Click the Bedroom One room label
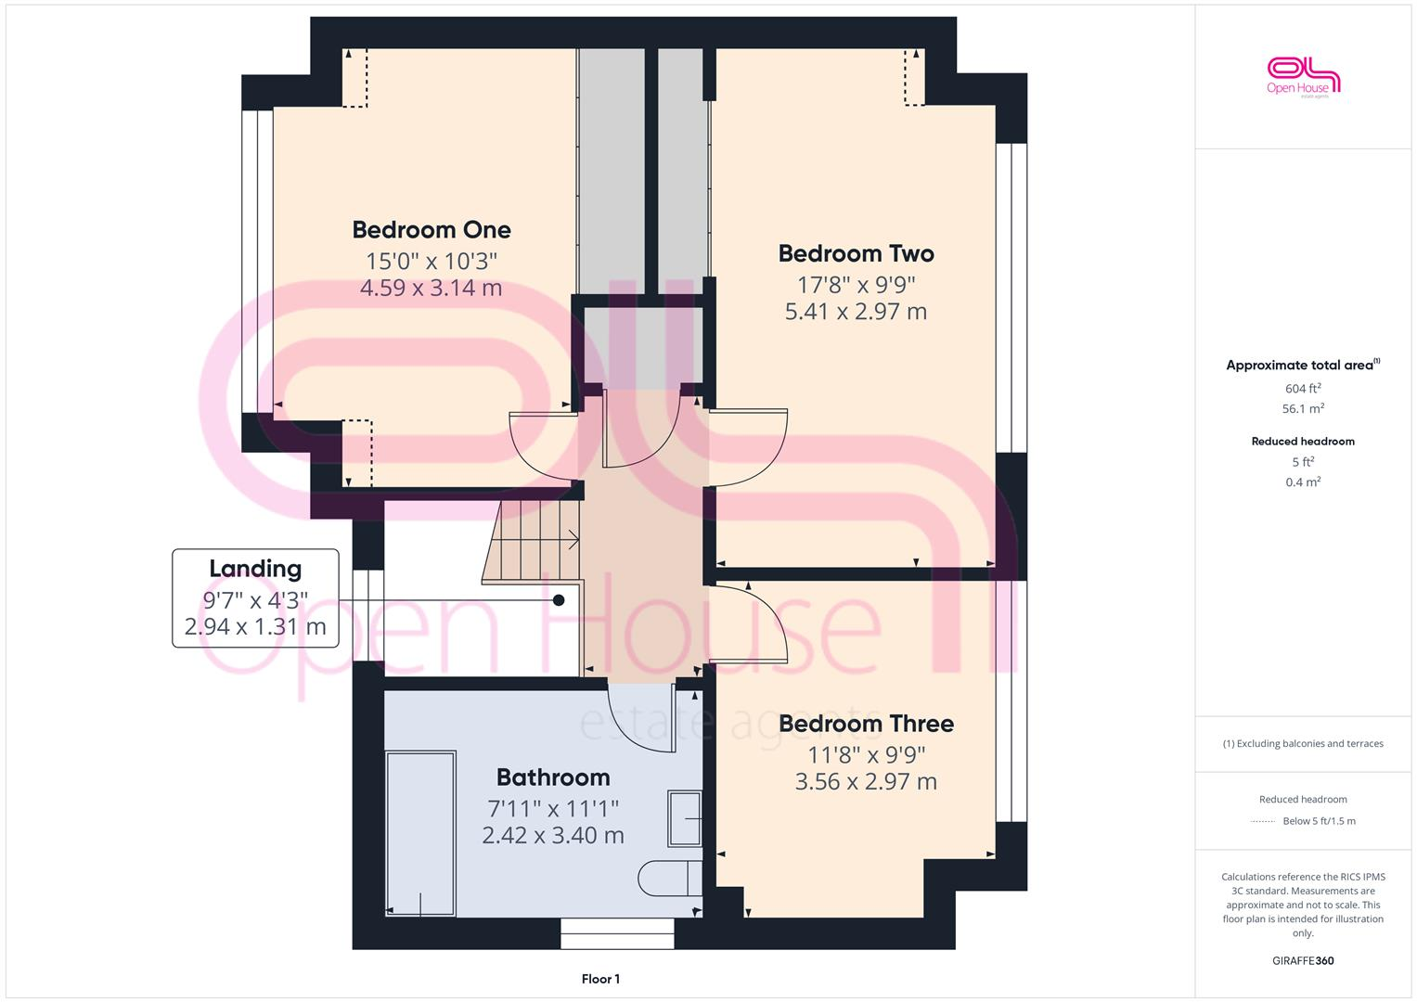coord(432,230)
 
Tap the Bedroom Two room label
coord(856,253)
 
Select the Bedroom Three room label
coord(866,724)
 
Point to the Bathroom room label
coord(553,777)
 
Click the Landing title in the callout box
coord(255,569)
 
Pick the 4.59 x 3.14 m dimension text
coord(432,288)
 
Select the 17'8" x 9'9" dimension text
coord(856,284)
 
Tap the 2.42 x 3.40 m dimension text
coord(553,835)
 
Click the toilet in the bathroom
coord(669,878)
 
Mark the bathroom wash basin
coord(685,818)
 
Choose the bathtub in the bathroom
coord(420,833)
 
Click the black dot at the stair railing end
coord(559,600)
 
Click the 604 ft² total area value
coord(1303,389)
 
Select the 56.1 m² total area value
coord(1303,408)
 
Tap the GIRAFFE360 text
coord(1303,960)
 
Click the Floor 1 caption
coord(600,979)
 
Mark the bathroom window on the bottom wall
coord(617,933)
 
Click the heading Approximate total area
coord(1302,366)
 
